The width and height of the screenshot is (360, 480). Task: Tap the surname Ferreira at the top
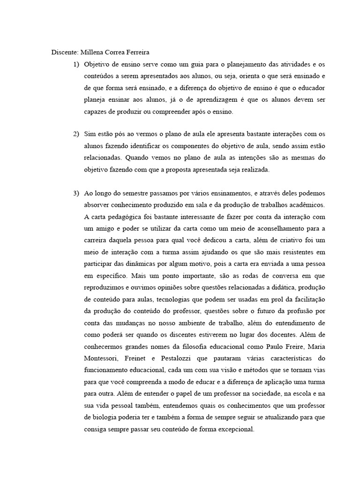[135, 52]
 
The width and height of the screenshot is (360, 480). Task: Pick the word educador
[312, 88]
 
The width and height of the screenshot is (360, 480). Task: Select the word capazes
[96, 112]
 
